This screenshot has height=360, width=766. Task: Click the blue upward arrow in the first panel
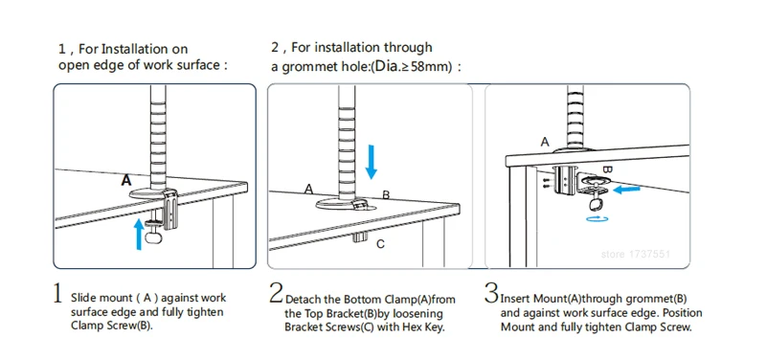pyautogui.click(x=140, y=234)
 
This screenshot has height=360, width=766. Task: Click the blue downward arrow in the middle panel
pyautogui.click(x=372, y=162)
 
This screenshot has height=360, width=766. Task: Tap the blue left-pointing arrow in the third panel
pyautogui.click(x=627, y=189)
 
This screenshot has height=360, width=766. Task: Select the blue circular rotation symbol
pyautogui.click(x=597, y=219)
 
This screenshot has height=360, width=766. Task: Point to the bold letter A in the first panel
pyautogui.click(x=126, y=180)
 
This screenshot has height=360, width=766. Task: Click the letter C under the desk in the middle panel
pyautogui.click(x=380, y=243)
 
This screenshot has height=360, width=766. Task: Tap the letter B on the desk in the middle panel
pyautogui.click(x=386, y=195)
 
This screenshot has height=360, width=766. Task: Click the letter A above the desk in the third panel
pyautogui.click(x=545, y=142)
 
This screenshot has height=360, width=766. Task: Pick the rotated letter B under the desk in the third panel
pyautogui.click(x=607, y=169)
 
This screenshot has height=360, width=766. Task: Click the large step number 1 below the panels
pyautogui.click(x=57, y=293)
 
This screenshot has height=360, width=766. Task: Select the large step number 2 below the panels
pyautogui.click(x=276, y=293)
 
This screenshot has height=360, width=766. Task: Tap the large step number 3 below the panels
pyautogui.click(x=491, y=293)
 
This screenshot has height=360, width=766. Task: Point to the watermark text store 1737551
pyautogui.click(x=635, y=254)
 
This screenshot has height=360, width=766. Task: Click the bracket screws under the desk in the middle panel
pyautogui.click(x=361, y=237)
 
